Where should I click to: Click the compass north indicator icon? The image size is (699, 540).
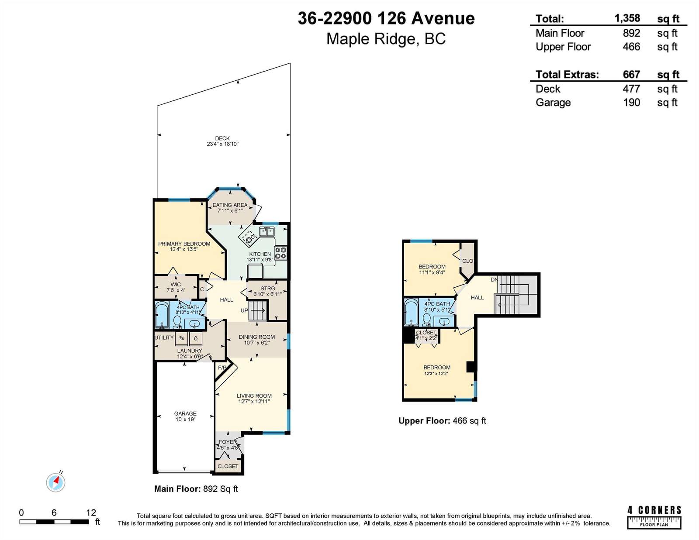(55, 482)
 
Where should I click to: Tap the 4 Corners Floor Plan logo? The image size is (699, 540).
(654, 517)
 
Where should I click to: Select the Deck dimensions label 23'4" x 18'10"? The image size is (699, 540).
(223, 144)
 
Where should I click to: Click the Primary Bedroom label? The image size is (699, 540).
(184, 244)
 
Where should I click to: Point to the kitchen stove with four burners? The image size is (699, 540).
(280, 253)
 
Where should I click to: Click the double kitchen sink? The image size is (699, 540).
(266, 231)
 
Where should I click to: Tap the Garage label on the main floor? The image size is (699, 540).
(185, 413)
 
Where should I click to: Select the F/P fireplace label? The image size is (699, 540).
(222, 368)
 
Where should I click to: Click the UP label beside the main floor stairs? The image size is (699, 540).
(245, 310)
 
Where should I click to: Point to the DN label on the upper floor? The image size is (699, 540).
(495, 280)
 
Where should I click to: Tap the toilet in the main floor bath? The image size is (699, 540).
(177, 322)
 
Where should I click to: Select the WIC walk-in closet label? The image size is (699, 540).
(176, 285)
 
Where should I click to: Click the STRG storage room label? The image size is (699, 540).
(268, 288)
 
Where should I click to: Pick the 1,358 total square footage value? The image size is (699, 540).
(627, 18)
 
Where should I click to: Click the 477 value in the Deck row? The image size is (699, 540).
(631, 89)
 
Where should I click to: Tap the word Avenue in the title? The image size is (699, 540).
(443, 18)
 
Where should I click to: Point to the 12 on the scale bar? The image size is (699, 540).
(91, 512)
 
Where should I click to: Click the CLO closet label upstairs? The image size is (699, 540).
(468, 261)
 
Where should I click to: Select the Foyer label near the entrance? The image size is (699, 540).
(228, 442)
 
